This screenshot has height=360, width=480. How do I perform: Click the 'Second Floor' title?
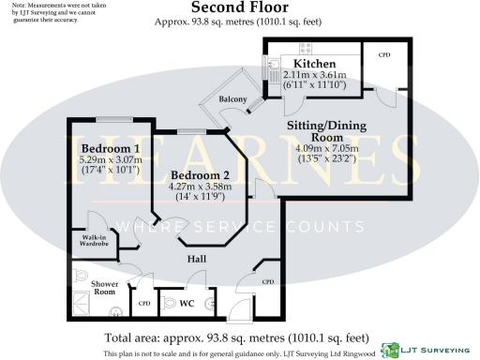[240, 7]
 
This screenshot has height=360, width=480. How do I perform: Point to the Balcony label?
[232, 99]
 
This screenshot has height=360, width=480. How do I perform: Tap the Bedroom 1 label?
[110, 148]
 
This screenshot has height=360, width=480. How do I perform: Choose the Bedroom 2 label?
[201, 174]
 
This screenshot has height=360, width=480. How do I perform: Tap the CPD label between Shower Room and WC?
[144, 304]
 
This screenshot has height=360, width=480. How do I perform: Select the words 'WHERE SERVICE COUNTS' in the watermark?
[239, 226]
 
